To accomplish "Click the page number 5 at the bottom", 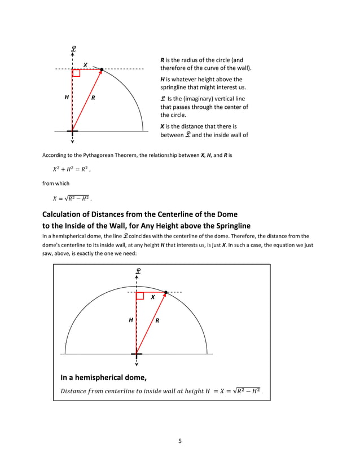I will [179, 441].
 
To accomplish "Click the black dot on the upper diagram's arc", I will [102, 69].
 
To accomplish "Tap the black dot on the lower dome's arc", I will [165, 292].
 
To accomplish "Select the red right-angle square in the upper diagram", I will [76, 73].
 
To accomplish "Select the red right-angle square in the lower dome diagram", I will [140, 296].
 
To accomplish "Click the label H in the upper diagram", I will [67, 98].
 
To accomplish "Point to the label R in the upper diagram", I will [93, 98].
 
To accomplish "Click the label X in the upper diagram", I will [85, 64].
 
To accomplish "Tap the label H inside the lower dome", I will [131, 320].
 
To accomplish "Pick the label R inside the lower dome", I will [157, 320].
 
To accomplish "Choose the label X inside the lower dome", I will [152, 297].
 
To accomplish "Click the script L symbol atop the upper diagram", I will [73, 49].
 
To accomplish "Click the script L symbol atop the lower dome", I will [137, 271].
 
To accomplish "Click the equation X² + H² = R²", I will [71, 169].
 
